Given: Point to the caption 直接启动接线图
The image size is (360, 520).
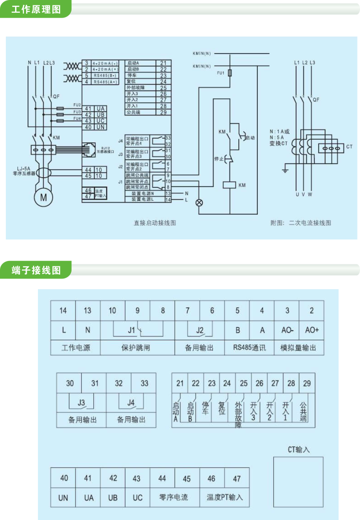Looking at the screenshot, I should [x=155, y=223].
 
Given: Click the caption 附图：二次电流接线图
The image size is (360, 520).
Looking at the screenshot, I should [x=301, y=223].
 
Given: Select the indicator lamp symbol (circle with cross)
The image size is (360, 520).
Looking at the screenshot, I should [x=198, y=203].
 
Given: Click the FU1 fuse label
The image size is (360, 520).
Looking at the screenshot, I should [x=220, y=73].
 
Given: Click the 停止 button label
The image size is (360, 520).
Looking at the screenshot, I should [x=219, y=159].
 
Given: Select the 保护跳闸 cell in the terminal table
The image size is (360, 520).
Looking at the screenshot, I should [x=137, y=348].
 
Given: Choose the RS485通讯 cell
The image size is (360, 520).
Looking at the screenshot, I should [x=250, y=348].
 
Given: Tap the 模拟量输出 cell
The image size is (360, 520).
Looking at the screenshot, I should [x=299, y=348].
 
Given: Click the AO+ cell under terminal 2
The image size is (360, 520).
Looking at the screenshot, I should [x=311, y=330].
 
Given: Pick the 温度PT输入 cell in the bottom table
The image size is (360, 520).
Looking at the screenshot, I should [x=224, y=498].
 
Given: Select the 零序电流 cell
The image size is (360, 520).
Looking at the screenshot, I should [x=174, y=498].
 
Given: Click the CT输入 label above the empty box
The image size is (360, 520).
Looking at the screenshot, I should [x=299, y=449].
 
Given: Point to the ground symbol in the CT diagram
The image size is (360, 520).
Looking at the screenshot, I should [x=285, y=170].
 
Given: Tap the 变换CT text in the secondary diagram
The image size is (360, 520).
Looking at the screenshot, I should [x=279, y=143].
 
